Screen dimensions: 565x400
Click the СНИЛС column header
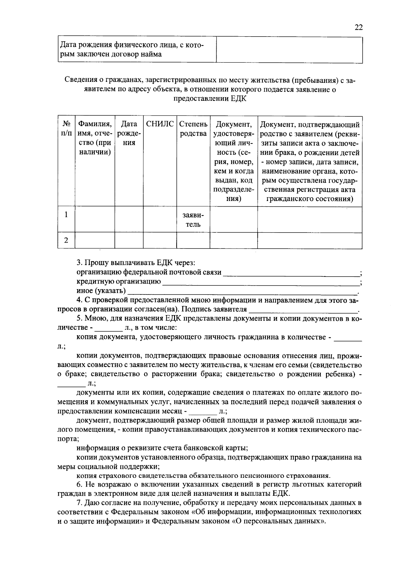pos(160,124)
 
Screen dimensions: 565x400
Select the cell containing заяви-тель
pos(193,220)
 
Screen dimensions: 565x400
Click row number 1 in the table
pos(66,215)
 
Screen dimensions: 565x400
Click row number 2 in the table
pos(66,240)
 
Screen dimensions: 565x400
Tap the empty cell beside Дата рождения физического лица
pos(289,50)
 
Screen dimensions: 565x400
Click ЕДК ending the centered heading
pos(238,99)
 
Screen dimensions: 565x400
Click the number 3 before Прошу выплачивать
pos(79,263)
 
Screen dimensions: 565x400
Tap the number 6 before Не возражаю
pos(79,484)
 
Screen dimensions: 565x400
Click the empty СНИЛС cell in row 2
pos(160,241)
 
